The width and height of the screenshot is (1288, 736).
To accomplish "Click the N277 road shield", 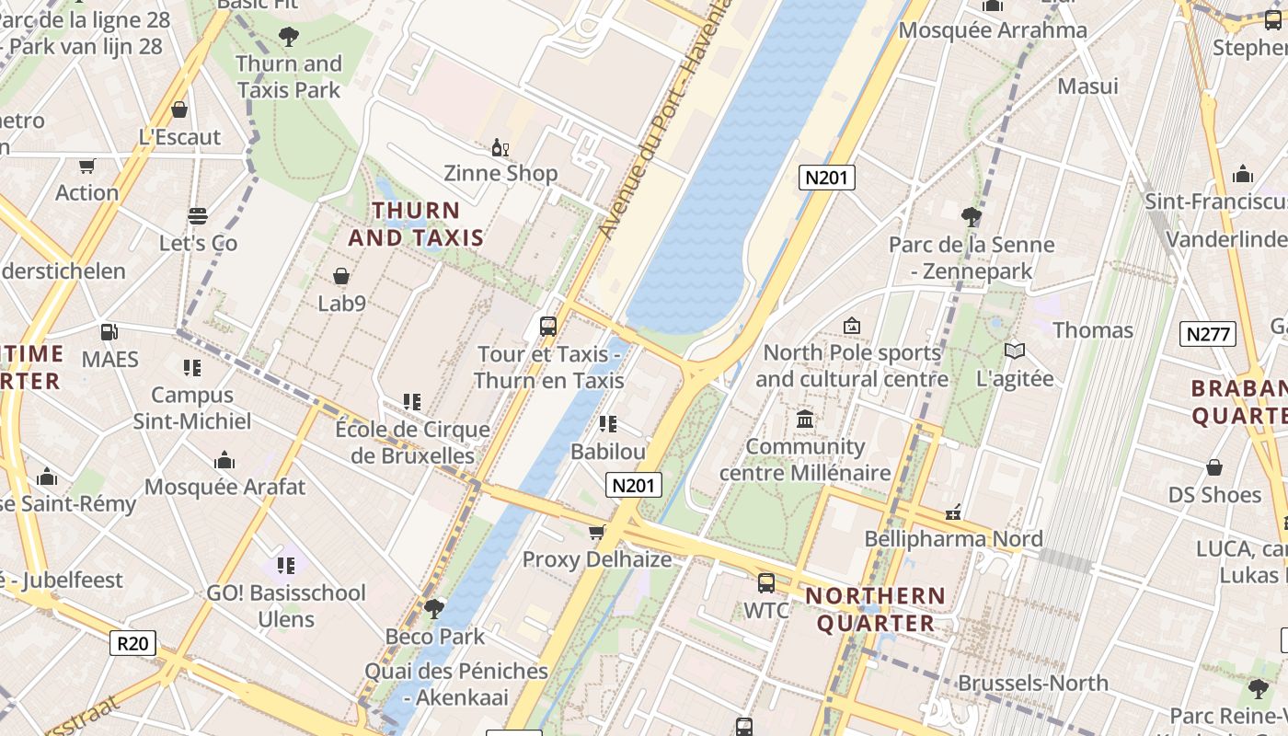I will [1207, 334].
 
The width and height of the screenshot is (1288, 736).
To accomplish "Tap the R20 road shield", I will [132, 642].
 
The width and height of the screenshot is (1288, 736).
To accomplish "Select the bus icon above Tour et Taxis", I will [548, 327].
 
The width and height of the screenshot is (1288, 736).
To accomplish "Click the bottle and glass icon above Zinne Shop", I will [500, 147].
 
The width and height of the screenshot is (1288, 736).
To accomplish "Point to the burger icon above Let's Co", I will [198, 216].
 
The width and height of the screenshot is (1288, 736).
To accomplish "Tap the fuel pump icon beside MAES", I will [109, 332].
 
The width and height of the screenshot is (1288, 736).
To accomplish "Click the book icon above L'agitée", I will [1015, 351].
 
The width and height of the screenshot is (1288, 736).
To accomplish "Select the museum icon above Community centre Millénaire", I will [805, 420].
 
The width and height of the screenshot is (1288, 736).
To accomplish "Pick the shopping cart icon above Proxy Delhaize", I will [596, 532].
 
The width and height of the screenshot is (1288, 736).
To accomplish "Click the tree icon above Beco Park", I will [433, 608].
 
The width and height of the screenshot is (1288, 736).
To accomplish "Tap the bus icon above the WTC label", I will [765, 582].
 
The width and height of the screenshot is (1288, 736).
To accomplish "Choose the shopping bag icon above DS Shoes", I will [1214, 467].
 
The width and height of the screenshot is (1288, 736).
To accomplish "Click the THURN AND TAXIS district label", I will [416, 224].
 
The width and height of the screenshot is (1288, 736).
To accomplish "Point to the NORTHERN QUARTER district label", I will [876, 609].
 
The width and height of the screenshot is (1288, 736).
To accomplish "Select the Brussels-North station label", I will [1032, 683].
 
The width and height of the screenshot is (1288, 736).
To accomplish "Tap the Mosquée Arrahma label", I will [993, 30].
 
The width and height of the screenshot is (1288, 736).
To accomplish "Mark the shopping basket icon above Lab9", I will [341, 276].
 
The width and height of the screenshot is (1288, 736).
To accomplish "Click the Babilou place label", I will [608, 452].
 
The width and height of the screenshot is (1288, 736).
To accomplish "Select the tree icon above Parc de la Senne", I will [971, 217].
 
